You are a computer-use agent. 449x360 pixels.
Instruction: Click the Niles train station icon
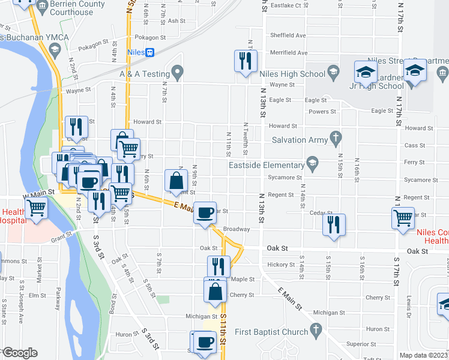point(150,52)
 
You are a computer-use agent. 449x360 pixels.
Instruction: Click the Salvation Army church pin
point(336,139)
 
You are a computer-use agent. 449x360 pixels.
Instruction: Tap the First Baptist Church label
point(272,332)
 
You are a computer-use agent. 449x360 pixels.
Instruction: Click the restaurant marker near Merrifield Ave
point(245,61)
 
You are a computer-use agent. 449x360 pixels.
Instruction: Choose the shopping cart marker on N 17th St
point(402,218)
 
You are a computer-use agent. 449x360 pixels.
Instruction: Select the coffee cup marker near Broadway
point(205,213)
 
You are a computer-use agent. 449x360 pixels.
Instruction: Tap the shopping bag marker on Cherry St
point(215,293)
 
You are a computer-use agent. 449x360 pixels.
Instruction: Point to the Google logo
point(19,353)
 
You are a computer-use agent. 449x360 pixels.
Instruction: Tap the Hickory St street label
point(282,265)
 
